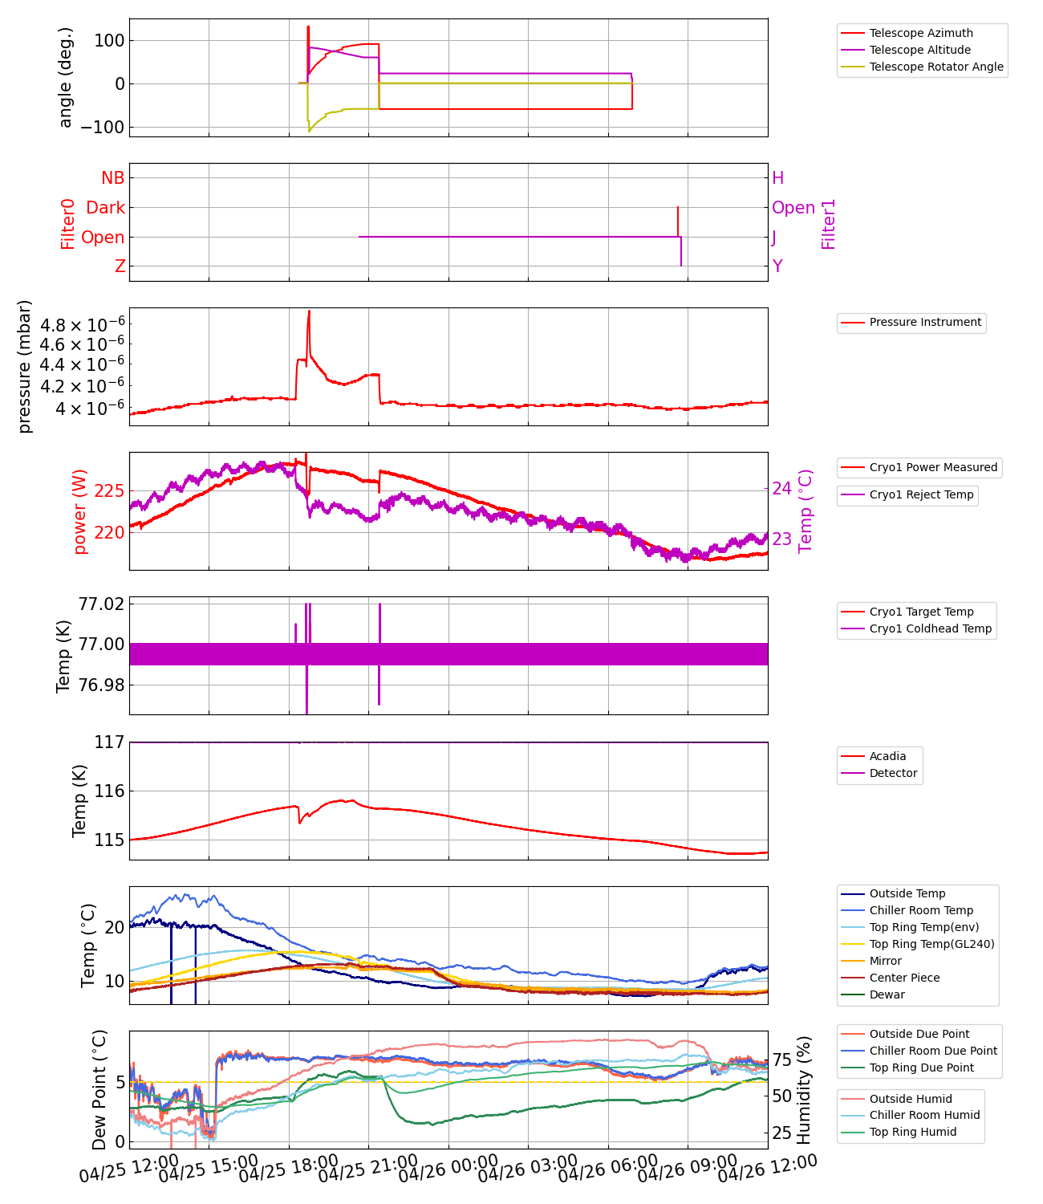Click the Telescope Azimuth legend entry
pos(920,33)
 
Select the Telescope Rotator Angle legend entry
pos(935,67)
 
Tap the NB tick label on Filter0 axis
pos(112,178)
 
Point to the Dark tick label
pos(105,208)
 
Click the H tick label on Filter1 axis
pos(777,178)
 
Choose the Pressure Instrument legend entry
pos(924,322)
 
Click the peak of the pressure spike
pos(309,311)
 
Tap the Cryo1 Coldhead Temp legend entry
pos(930,628)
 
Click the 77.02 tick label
pos(101,604)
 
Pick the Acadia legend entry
pos(887,756)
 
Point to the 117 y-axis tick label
pos(109,742)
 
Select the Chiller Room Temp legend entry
pos(920,910)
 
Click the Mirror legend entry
pos(885,961)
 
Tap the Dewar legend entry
pos(887,995)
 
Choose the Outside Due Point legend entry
pos(919,1034)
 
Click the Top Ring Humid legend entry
pos(912,1132)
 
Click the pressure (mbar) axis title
pos(25,366)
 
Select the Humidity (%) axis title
pos(804,1089)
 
